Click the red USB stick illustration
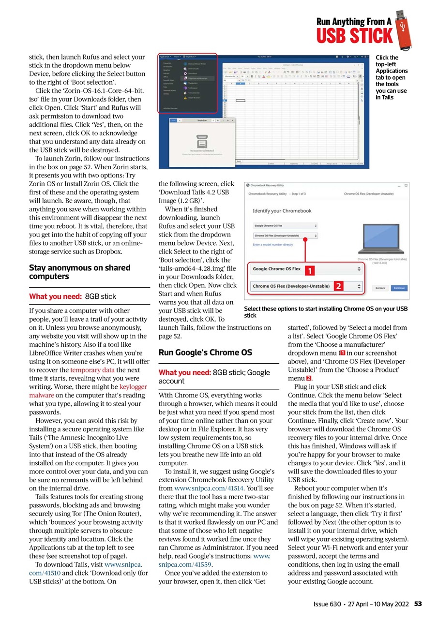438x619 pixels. click(403, 30)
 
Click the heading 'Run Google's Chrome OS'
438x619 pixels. click(205, 353)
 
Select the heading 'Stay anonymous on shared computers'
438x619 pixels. click(79, 272)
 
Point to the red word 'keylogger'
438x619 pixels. click(133, 387)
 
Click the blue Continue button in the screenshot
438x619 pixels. click(399, 287)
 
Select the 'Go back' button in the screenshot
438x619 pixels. click(380, 287)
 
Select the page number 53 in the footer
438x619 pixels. click(418, 604)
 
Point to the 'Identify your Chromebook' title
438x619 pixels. click(282, 211)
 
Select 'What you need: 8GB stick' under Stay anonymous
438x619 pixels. click(73, 296)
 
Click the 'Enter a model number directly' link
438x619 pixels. click(272, 245)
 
